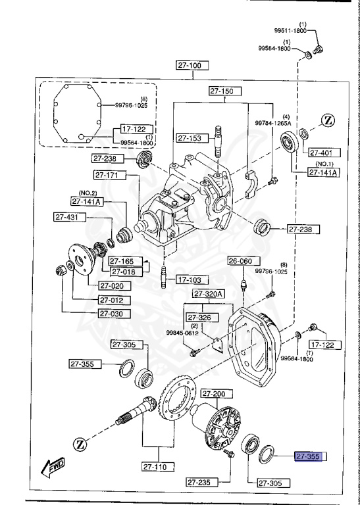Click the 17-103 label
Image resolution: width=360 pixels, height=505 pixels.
(192, 279)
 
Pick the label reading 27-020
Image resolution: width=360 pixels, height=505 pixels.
(115, 286)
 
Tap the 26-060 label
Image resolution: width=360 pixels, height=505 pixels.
(240, 261)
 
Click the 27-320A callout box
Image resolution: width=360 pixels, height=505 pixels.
(209, 293)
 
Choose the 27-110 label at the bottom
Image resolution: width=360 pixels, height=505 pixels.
(157, 468)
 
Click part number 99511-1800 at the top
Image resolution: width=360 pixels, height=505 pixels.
(290, 30)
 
